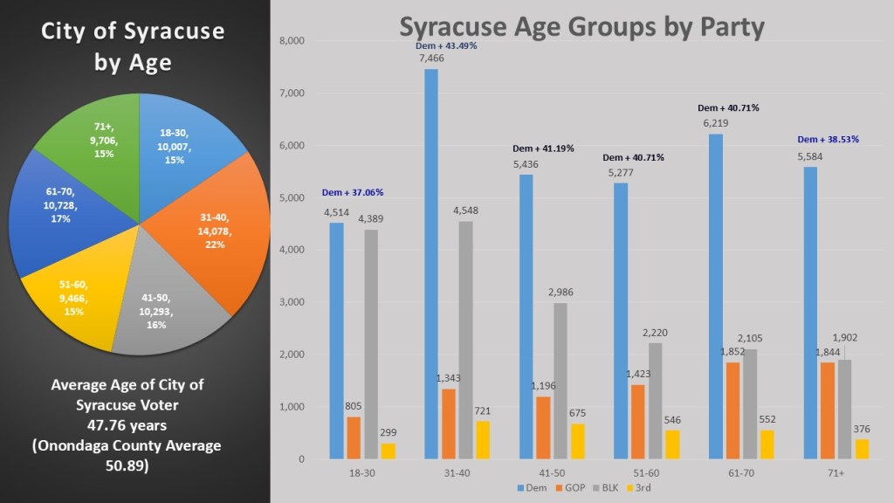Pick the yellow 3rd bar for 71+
tap(863, 449)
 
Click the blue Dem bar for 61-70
tap(716, 296)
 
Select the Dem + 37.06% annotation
tap(353, 192)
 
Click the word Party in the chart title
tap(721, 27)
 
